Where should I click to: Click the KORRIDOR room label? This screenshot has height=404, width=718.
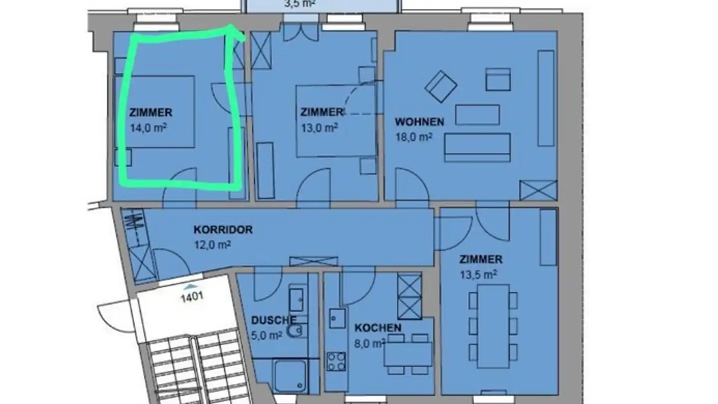tap(223, 230)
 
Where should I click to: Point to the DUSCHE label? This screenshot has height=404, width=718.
tap(274, 320)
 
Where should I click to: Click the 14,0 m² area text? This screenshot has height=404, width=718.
tap(148, 128)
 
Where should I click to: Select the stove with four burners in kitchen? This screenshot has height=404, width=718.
tap(336, 361)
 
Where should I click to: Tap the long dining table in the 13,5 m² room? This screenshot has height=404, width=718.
tap(493, 326)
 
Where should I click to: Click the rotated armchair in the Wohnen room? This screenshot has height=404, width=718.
tap(441, 87)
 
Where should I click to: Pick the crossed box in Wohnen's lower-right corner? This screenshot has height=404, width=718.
tap(538, 190)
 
